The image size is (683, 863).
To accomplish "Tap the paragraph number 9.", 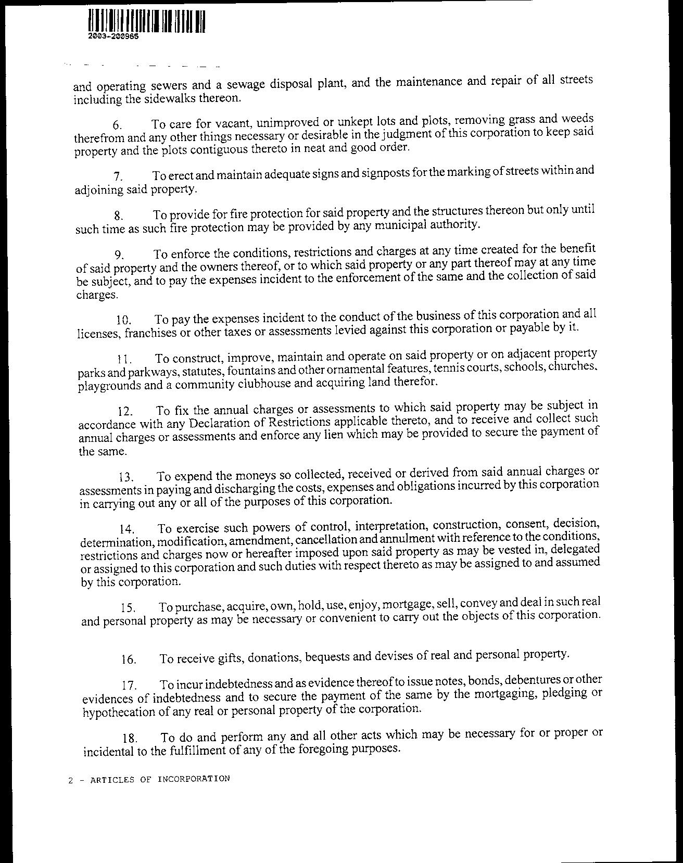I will [x=119, y=255].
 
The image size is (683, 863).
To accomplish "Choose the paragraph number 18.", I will [x=130, y=738].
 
